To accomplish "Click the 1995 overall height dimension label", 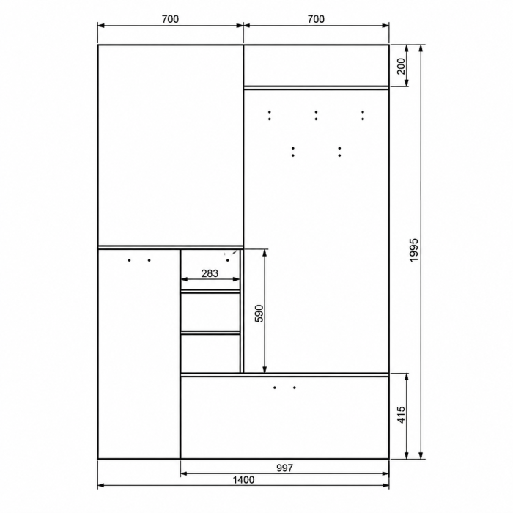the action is point(414,250).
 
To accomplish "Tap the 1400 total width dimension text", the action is point(243,480).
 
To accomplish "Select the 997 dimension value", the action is point(284,468).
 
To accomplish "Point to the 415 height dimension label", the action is point(401,415).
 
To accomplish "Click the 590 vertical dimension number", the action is point(259,314).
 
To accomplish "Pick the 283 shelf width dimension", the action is point(210,273).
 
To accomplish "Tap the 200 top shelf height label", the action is point(401,67).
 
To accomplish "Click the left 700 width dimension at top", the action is point(171,19).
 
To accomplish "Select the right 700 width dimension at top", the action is point(316,19).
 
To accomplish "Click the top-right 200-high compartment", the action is point(317,65).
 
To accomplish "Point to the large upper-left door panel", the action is point(171,145).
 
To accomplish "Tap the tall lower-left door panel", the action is point(139,354).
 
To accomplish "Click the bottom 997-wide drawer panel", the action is point(284,418).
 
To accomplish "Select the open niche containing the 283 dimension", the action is point(210,270).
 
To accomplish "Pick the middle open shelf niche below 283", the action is point(210,311).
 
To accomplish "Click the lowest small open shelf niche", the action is point(210,353).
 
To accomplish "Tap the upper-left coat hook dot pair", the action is point(269,116).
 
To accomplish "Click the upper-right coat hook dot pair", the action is point(363,116).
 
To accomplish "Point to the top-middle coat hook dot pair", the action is point(316,116).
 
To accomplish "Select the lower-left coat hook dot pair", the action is point(293,152).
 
